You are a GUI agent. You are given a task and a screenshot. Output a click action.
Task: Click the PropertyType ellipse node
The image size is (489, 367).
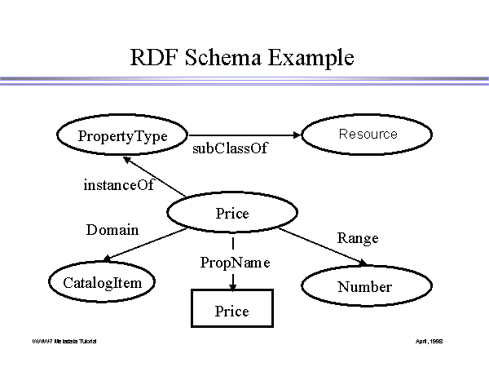coord(121,136)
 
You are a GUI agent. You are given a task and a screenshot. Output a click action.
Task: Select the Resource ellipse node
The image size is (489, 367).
coord(368,135)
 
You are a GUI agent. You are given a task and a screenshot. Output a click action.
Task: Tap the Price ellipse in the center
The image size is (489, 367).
coord(231,214)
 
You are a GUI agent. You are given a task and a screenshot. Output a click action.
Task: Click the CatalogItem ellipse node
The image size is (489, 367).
coord(102,283)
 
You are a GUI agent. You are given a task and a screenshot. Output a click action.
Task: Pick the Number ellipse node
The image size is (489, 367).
coord(364,286)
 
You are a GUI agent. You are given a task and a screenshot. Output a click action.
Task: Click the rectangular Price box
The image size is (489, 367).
coord(231,311)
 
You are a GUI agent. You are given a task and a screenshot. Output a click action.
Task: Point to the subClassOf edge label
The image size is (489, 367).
coord(229,150)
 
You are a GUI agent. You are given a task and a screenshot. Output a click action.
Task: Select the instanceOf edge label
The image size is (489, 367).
coord(118,185)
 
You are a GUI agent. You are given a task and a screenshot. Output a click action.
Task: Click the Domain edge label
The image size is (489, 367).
coord(112,230)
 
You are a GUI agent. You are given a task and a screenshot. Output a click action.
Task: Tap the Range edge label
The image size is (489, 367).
coord(358,238)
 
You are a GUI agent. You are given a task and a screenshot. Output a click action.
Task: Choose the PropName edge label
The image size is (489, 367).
coord(235,263)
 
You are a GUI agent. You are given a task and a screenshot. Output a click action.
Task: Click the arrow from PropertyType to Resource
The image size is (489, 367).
coord(244,135)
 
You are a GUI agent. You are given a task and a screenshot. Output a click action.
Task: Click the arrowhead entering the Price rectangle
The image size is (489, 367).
coord(233,285)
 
